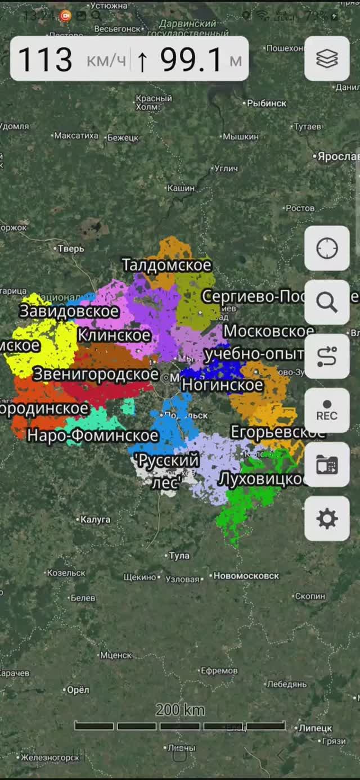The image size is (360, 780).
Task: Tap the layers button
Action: (327, 58)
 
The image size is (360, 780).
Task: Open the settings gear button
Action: (327, 519)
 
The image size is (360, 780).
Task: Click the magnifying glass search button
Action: (327, 303)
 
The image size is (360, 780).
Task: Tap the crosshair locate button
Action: (327, 248)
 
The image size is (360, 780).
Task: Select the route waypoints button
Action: (327, 357)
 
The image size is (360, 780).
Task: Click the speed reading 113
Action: (46, 60)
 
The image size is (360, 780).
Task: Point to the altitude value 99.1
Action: (191, 60)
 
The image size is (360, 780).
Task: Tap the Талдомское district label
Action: (166, 265)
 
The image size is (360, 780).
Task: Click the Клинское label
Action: (114, 335)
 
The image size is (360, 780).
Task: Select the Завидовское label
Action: (69, 311)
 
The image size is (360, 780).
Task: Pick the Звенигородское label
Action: (96, 374)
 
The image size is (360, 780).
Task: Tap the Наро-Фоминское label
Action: (93, 435)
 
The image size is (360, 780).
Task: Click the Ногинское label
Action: (222, 385)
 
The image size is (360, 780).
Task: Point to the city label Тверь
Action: (71, 249)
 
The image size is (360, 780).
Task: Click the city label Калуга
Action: (95, 520)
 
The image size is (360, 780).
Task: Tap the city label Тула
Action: (179, 556)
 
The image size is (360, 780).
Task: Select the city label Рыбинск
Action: (267, 103)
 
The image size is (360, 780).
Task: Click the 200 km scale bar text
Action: (180, 710)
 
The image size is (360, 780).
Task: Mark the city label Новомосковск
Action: (246, 576)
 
